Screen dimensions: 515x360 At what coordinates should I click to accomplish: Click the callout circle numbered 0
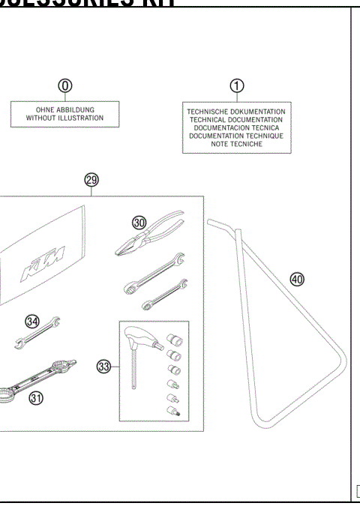coord(65,85)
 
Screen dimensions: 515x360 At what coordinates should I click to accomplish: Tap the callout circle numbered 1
coord(237,85)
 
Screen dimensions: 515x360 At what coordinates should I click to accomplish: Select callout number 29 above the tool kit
coord(91,181)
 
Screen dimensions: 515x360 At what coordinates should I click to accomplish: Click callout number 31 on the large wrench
coord(35,398)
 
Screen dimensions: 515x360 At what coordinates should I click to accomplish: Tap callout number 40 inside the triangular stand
coord(297,279)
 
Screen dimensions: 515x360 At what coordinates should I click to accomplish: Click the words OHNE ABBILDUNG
coord(64,109)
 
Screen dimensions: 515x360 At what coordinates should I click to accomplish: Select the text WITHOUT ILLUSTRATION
coord(64,118)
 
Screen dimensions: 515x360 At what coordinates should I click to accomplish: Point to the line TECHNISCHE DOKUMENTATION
coord(235,112)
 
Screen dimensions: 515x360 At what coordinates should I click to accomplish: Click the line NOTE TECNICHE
coord(235,144)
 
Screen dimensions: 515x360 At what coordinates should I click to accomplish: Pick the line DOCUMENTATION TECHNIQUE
coord(235,136)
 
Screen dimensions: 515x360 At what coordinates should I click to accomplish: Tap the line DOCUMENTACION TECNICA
coord(235,127)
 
